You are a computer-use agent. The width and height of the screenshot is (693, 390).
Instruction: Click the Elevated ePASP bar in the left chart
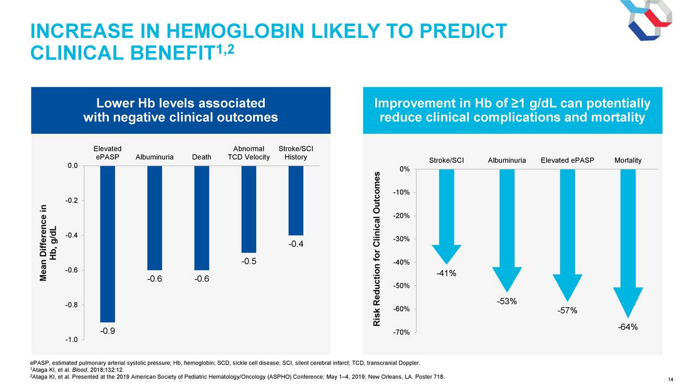pyautogui.click(x=107, y=244)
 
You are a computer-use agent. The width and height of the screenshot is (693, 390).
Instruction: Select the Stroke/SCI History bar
pyautogui.click(x=296, y=200)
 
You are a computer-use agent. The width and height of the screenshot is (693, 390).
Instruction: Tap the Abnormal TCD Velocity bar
pyautogui.click(x=249, y=209)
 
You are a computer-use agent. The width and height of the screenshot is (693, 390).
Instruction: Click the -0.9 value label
pyautogui.click(x=107, y=331)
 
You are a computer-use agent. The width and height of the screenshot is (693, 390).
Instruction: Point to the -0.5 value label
pyautogui.click(x=249, y=262)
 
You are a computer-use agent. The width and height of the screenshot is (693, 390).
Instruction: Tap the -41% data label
pyautogui.click(x=446, y=274)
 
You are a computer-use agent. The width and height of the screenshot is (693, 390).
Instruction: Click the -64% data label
pyautogui.click(x=627, y=327)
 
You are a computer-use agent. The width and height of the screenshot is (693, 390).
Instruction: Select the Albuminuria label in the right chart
pyautogui.click(x=506, y=160)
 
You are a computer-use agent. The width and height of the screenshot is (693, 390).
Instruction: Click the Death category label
pyautogui.click(x=201, y=157)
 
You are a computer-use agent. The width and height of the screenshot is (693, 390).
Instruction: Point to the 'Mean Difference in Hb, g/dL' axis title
pyautogui.click(x=48, y=243)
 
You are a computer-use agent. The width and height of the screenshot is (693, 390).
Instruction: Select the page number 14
pyautogui.click(x=671, y=379)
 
